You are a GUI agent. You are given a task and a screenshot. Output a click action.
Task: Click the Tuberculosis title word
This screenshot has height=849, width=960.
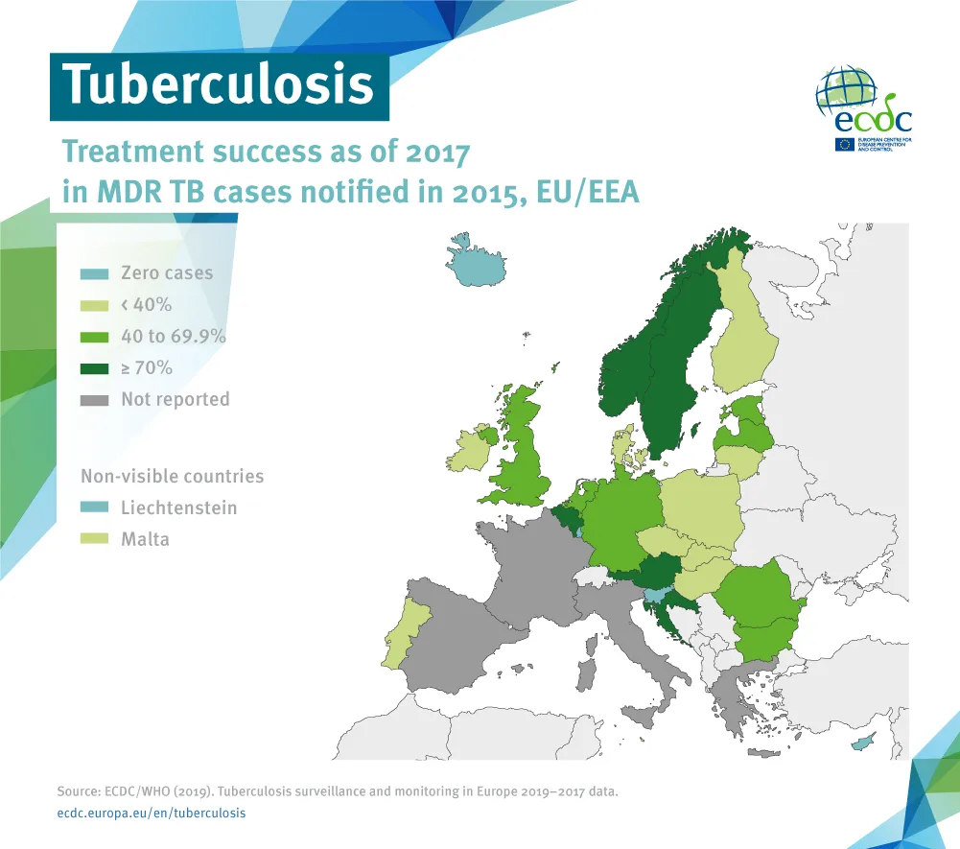coord(219,84)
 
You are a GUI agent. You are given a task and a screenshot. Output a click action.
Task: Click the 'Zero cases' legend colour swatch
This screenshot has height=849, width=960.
coord(94,274)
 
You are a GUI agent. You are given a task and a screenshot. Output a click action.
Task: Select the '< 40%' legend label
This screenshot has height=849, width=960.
coord(146,305)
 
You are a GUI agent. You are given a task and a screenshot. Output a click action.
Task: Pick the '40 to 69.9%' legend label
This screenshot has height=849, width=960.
coord(173,337)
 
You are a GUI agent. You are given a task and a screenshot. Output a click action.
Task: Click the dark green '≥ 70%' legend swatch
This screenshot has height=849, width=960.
coord(94,367)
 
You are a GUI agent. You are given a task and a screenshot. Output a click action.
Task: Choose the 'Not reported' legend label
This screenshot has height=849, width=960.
coord(175,399)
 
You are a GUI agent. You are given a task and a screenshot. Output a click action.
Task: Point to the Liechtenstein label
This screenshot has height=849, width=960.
coord(178,507)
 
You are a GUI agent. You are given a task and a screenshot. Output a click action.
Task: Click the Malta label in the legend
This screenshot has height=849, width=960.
coord(145,539)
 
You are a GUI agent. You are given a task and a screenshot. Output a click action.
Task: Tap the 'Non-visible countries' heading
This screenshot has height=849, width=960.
coord(172,477)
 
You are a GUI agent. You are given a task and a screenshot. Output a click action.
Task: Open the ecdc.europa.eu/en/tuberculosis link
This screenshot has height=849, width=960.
coord(152,813)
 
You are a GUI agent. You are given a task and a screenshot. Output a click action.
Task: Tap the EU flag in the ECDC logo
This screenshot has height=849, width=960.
coord(845,145)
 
